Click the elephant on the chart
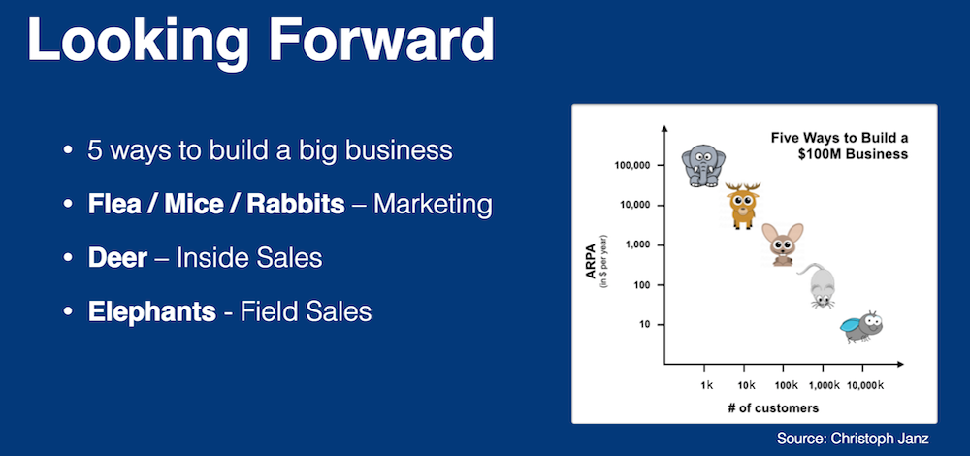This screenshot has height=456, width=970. (702, 166)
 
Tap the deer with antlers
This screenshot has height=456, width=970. (742, 206)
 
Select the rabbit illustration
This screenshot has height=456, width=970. (783, 244)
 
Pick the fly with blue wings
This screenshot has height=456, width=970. (861, 327)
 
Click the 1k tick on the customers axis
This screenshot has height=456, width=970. (707, 385)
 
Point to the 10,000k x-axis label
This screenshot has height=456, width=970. (865, 385)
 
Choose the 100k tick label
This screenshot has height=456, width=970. (787, 385)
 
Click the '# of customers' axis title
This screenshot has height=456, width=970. (773, 407)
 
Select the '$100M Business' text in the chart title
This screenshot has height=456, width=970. (853, 154)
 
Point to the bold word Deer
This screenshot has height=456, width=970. (117, 258)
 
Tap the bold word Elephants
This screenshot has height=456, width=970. (151, 311)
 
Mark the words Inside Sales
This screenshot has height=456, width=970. (249, 258)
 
